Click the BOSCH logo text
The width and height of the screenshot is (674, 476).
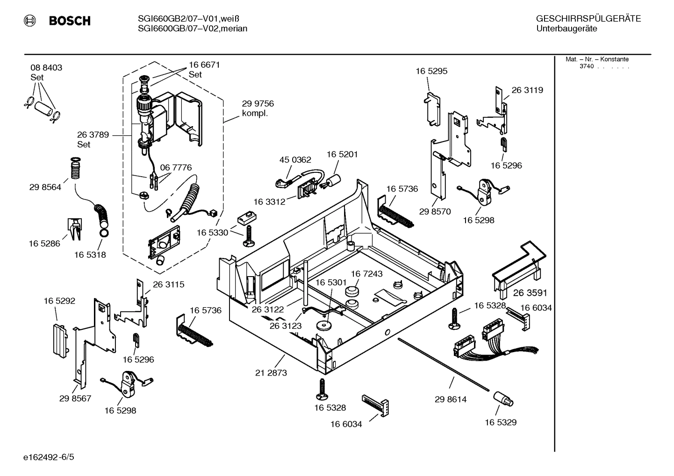pos(69,21)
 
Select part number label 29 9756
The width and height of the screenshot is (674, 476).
pos(258,104)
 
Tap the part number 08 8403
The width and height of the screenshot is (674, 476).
pos(46,68)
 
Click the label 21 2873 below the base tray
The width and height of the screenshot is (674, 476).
pos(271,373)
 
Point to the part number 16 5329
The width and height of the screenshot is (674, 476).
pos(500,422)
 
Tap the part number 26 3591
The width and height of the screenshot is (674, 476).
pos(530,293)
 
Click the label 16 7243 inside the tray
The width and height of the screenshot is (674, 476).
pos(366,274)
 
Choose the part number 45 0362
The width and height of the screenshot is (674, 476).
pos(295,160)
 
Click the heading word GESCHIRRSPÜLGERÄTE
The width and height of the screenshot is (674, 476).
pos(588,19)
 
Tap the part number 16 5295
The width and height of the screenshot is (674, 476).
pos(431,71)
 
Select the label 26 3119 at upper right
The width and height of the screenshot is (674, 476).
pos(527,90)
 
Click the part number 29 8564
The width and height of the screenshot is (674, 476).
pos(45,187)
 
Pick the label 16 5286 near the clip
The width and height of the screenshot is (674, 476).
pos(44,243)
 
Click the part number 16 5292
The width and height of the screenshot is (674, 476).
pos(59,301)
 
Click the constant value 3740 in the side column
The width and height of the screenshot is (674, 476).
pos(586,66)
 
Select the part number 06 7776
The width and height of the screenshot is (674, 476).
pos(176,168)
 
